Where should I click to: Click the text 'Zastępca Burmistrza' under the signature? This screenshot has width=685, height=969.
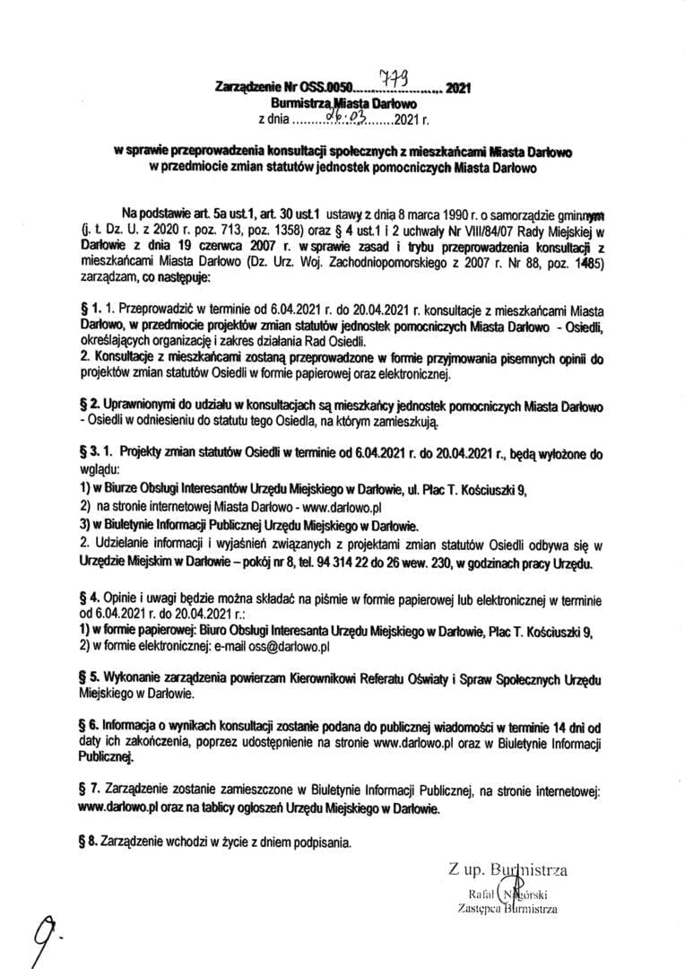[x=507, y=909]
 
